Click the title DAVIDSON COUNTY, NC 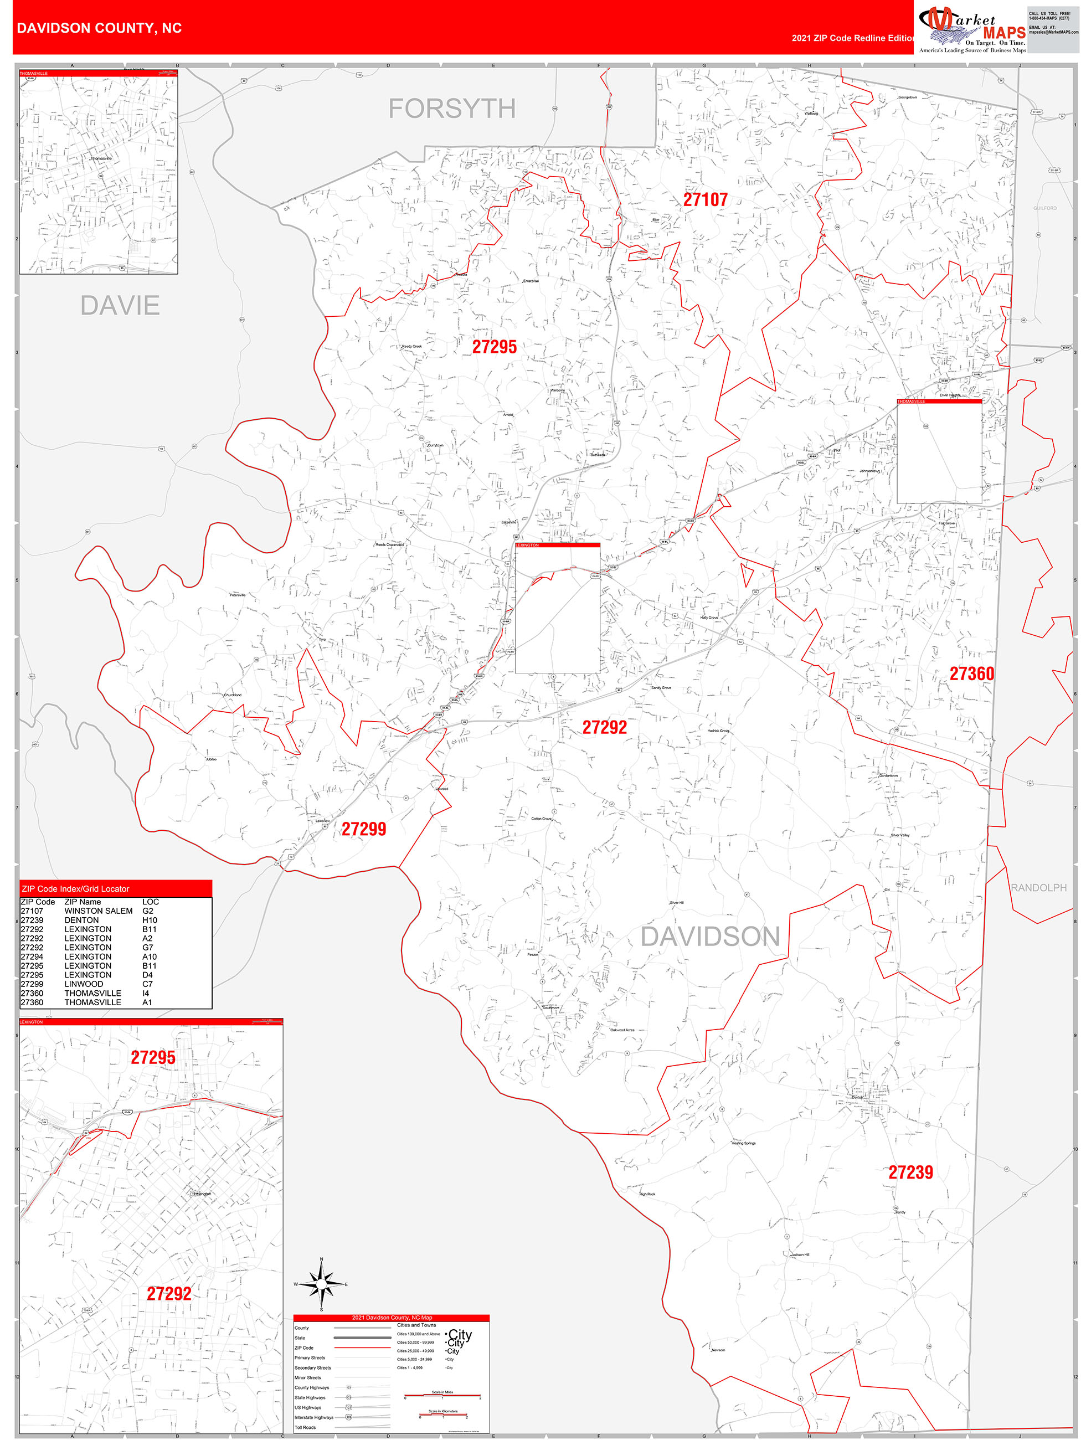(x=99, y=28)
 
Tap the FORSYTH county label (x=452, y=109)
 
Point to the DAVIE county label (x=120, y=305)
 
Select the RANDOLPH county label (x=1038, y=887)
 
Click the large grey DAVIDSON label (x=709, y=936)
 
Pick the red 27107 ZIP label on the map (x=705, y=200)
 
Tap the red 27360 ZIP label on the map (x=971, y=674)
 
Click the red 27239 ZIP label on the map (x=910, y=1172)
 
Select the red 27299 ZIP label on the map (x=364, y=829)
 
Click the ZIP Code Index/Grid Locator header (x=75, y=888)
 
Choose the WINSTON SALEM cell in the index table (x=99, y=911)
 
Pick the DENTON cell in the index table (x=81, y=920)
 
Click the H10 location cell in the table (x=150, y=920)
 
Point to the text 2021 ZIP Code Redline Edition (x=853, y=38)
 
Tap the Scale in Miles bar (x=442, y=1396)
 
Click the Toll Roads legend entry (x=305, y=1427)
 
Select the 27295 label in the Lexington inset (x=153, y=1058)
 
